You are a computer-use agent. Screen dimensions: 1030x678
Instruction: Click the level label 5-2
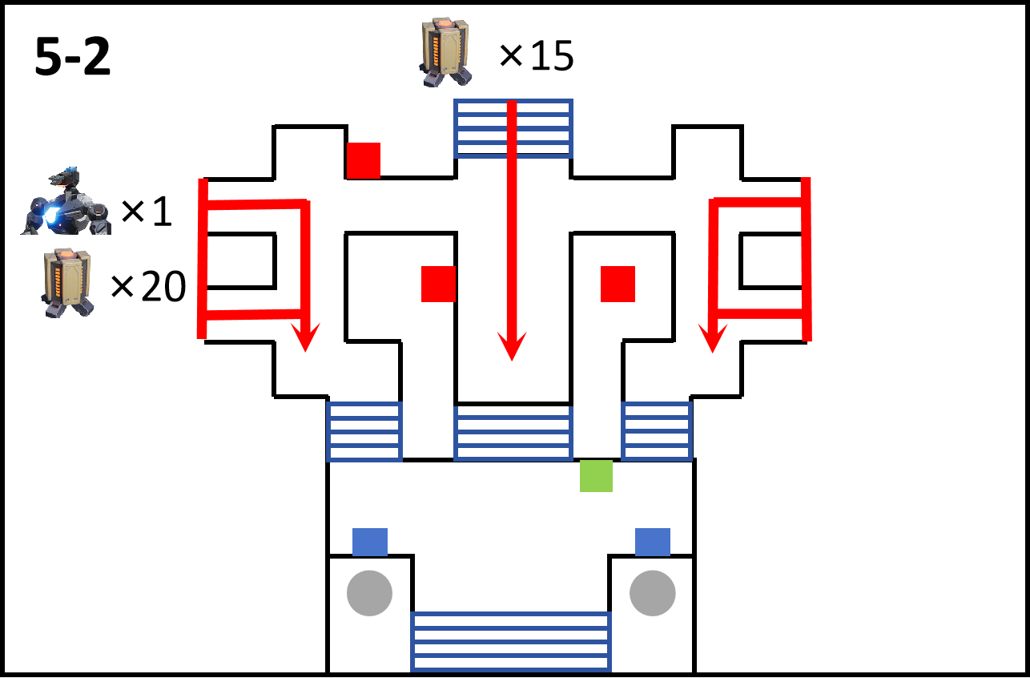[73, 57]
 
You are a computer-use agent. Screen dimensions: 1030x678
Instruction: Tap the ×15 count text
[536, 55]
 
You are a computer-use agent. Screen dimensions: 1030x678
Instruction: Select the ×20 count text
[148, 286]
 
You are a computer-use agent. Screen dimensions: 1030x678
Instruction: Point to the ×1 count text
[147, 211]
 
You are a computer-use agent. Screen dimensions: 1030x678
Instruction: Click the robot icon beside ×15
[445, 52]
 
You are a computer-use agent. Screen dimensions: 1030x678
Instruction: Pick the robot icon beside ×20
[67, 283]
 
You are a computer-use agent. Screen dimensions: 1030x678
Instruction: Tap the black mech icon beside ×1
[66, 201]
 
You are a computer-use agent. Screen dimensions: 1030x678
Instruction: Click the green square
[596, 475]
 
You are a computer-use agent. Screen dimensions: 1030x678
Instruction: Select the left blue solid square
[370, 543]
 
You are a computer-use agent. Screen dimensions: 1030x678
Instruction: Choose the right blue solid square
[653, 543]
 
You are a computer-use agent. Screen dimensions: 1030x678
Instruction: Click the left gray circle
[370, 593]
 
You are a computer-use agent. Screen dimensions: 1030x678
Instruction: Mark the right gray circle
[653, 593]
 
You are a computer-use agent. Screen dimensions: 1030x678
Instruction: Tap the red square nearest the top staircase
[364, 160]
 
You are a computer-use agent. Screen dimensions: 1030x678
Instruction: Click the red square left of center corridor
[439, 284]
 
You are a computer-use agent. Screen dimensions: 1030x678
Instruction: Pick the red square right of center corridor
[618, 284]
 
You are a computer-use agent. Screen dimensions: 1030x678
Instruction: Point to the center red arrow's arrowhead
[512, 346]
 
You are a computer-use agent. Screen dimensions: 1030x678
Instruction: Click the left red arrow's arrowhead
[305, 337]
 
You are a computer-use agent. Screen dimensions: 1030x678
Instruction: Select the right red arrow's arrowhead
[713, 338]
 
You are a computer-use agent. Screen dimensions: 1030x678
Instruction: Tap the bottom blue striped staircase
[511, 641]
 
